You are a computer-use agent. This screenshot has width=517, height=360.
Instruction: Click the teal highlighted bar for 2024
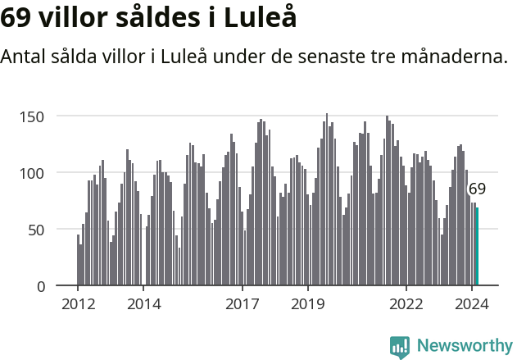(x=477, y=247)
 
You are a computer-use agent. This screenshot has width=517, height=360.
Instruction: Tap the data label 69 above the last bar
(x=477, y=189)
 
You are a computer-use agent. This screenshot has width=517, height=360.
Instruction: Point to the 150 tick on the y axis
(x=32, y=116)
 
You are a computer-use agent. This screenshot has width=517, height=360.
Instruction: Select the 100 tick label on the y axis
(x=32, y=173)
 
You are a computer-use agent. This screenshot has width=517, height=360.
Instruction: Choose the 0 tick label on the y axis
(x=39, y=286)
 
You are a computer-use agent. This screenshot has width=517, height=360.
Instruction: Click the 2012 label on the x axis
(x=78, y=303)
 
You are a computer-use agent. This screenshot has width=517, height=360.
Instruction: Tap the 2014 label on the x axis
(x=143, y=303)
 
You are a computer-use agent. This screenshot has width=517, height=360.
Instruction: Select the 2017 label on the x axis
(x=243, y=303)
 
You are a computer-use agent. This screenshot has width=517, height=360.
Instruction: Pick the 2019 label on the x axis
(x=308, y=303)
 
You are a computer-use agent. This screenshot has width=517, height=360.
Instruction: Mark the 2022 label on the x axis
(x=406, y=303)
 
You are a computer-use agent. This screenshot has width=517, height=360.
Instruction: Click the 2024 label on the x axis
(x=472, y=303)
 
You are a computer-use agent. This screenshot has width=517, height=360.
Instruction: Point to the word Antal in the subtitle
(x=25, y=57)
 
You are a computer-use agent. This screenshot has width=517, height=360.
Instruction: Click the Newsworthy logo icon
(x=400, y=347)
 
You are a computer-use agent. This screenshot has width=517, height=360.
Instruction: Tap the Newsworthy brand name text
(x=464, y=346)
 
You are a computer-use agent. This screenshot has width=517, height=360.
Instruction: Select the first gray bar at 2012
(x=78, y=260)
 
